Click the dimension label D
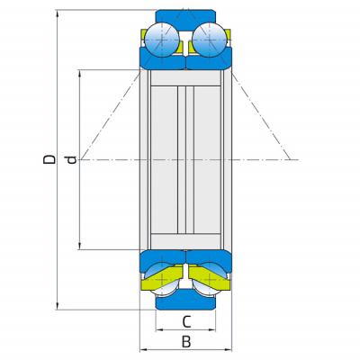pos(49,159)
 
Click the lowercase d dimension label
pos(71,160)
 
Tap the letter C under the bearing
pos(186,322)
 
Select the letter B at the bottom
pos(186,342)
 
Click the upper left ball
pos(162,40)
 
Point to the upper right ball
pos(209,40)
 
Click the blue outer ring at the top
pos(185,19)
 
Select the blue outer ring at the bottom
pos(185,300)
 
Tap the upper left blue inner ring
pos(163,59)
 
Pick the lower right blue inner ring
pos(209,259)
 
